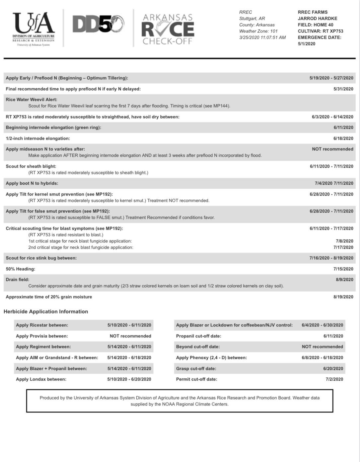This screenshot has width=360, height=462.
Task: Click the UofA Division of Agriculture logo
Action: [33, 29]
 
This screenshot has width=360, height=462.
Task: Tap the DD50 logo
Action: [98, 25]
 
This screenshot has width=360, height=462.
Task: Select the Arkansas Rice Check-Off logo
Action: [168, 29]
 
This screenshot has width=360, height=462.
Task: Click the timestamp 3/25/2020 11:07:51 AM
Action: [262, 38]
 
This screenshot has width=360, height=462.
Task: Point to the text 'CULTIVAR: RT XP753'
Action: [320, 31]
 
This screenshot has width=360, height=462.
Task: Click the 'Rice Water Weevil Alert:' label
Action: [32, 100]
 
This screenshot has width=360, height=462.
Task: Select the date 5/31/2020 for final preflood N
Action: [343, 89]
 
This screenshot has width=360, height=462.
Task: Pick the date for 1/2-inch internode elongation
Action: [343, 139]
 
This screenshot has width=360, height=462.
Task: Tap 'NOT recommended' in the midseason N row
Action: [332, 149]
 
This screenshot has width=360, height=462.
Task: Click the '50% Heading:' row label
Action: [21, 269]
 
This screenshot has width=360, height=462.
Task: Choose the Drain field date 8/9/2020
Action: [344, 280]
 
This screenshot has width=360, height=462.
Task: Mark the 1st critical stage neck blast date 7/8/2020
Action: [344, 241]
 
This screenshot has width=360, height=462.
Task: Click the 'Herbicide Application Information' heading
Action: [46, 312]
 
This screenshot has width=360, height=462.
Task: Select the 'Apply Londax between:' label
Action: [41, 379]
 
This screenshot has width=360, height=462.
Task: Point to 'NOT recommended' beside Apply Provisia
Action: [130, 336]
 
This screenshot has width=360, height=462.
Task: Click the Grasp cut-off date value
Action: [333, 369]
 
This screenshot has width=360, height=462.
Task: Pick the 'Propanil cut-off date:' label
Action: [198, 336]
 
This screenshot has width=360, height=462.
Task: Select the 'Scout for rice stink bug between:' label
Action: [41, 258]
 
